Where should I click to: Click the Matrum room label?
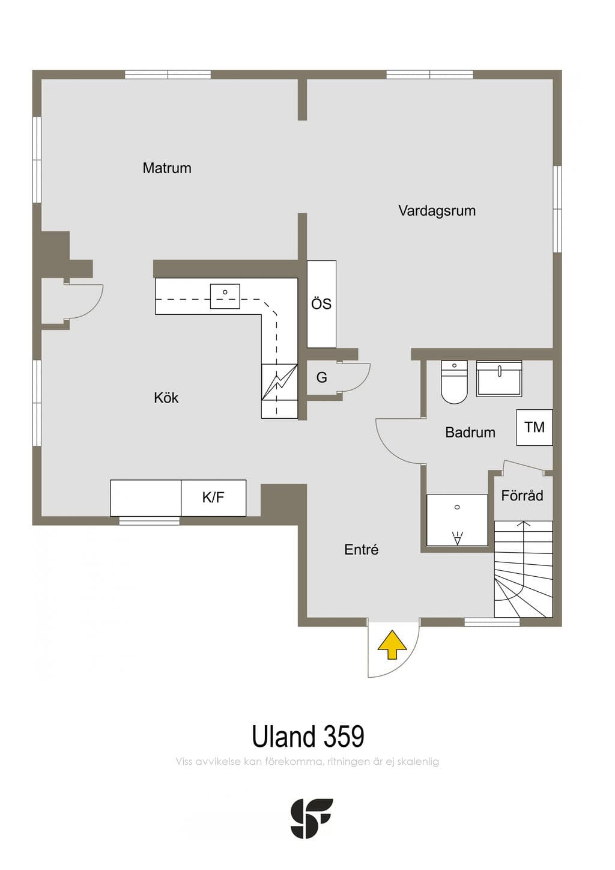[167, 168]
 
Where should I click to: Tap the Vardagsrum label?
[437, 211]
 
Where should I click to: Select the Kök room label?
[166, 398]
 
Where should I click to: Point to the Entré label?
[361, 549]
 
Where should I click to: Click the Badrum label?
[470, 432]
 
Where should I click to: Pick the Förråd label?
[522, 495]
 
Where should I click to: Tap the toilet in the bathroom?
[454, 382]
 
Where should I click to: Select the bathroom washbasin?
[499, 379]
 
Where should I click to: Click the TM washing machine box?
[535, 427]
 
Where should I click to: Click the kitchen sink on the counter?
[225, 296]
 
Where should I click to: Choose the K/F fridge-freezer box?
[214, 498]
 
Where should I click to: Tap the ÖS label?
[321, 304]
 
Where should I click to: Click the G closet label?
[321, 377]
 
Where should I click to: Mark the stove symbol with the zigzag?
[279, 382]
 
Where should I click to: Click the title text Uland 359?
[308, 737]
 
